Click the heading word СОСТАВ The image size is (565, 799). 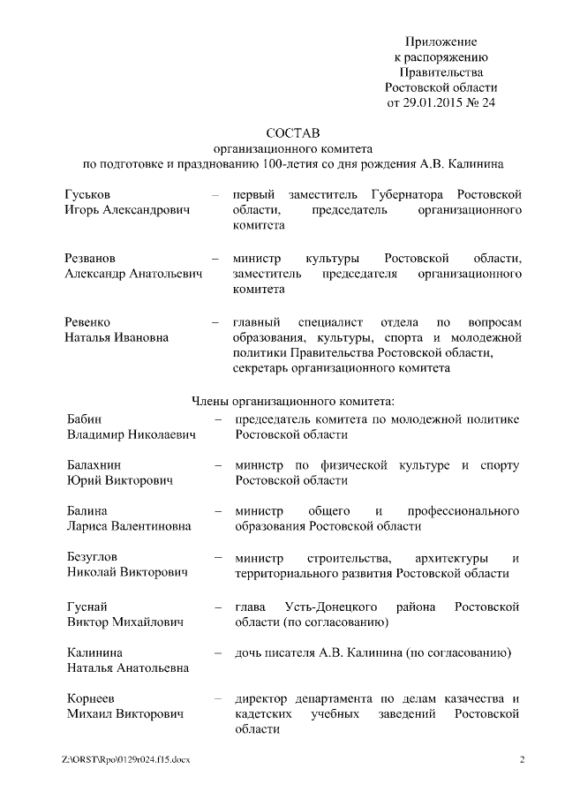coord(292,132)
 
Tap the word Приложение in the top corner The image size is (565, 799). coord(441,41)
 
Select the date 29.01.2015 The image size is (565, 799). coord(432,102)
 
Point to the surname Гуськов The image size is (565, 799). coord(90,194)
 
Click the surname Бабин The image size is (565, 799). coord(85,418)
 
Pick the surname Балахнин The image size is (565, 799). coord(95,465)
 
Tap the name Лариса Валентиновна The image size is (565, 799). coord(129,527)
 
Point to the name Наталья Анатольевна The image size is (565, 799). coord(128,668)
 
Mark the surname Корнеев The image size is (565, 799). coord(93,698)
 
